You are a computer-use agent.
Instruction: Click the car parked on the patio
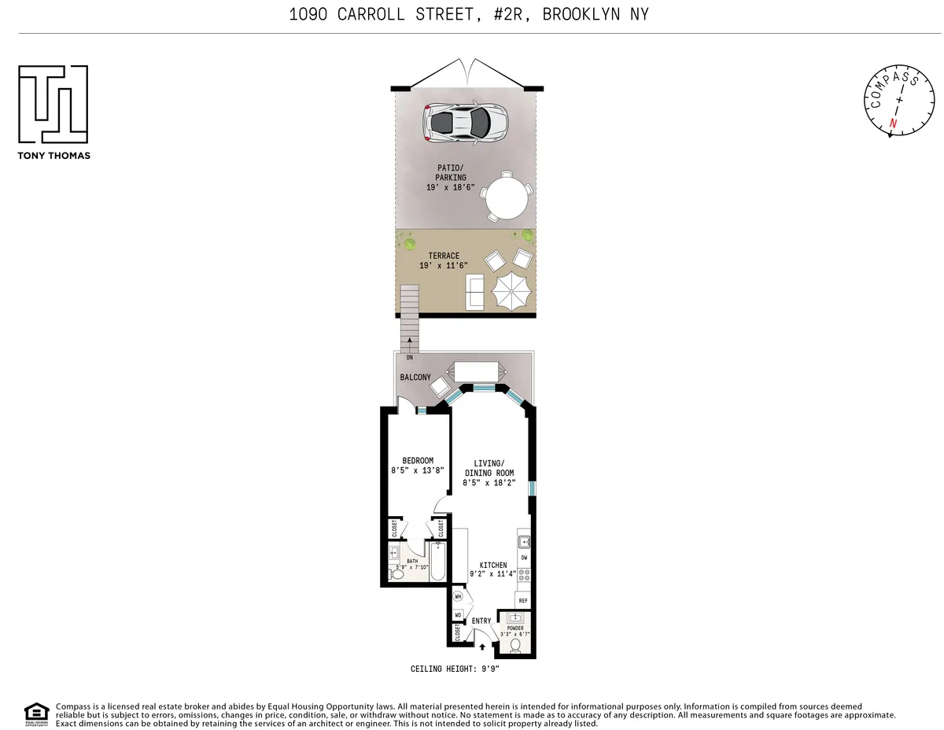(x=466, y=121)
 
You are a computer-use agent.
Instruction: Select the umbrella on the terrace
(x=513, y=292)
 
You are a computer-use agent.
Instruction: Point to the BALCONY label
(x=415, y=378)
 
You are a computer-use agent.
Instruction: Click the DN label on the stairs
(x=409, y=358)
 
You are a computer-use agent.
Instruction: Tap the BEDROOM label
(x=418, y=461)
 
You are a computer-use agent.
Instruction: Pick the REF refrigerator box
(x=523, y=599)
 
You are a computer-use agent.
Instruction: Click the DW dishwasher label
(x=524, y=557)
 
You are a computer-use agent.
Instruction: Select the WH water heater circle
(x=457, y=597)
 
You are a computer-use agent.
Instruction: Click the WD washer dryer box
(x=458, y=615)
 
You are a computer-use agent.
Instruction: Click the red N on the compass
(x=893, y=124)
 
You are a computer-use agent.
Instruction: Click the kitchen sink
(x=525, y=541)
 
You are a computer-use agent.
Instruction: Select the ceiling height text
(x=455, y=669)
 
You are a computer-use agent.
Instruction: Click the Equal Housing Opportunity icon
(x=34, y=712)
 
